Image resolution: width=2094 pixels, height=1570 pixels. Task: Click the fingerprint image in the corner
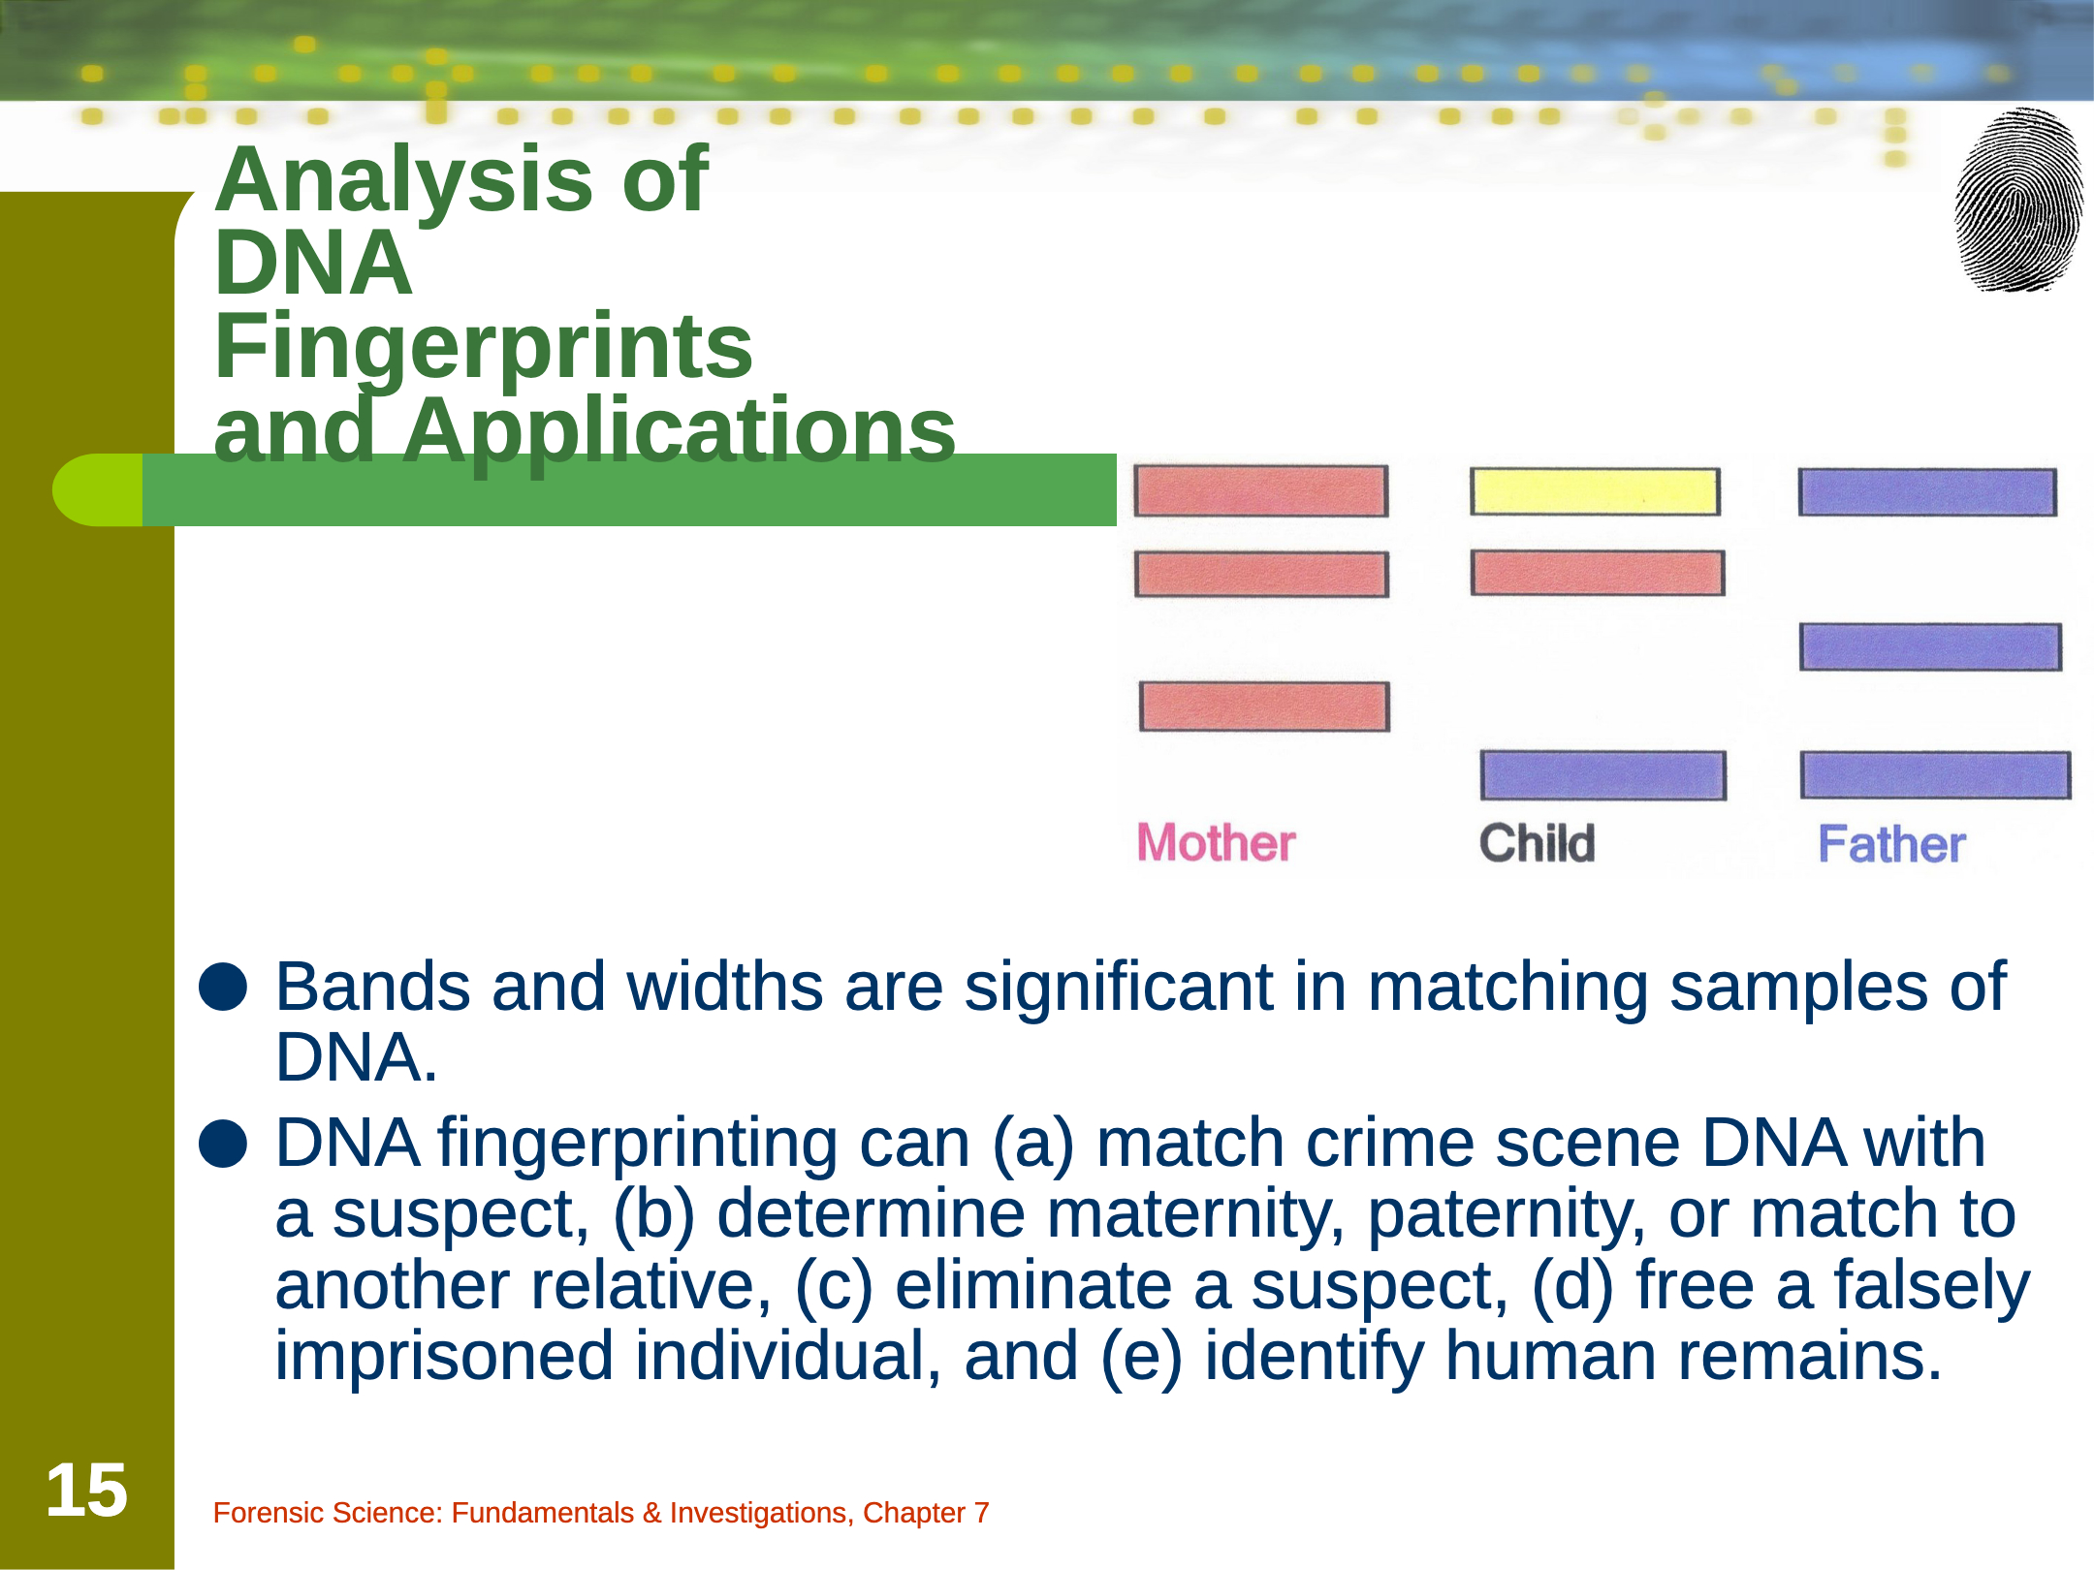click(2019, 200)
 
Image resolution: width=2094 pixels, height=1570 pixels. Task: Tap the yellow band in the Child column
click(1595, 491)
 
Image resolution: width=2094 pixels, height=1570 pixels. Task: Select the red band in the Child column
click(1598, 573)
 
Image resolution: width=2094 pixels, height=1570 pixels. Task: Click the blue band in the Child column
click(1603, 775)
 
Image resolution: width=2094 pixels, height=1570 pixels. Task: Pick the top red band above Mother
click(1261, 491)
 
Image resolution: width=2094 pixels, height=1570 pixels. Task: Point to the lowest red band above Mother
click(1264, 706)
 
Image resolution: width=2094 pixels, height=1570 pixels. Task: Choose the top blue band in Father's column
click(1927, 492)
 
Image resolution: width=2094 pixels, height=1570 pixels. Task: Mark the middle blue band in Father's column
click(1930, 646)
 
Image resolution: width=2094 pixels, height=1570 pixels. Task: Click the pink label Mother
click(1216, 842)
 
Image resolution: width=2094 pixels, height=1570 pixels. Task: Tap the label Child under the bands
click(1537, 843)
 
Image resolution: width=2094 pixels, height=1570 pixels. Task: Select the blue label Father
click(1891, 844)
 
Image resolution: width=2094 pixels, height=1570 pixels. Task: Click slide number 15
click(86, 1491)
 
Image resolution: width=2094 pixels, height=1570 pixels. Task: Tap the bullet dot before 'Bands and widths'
click(223, 987)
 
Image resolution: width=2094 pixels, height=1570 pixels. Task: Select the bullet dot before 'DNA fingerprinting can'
click(223, 1144)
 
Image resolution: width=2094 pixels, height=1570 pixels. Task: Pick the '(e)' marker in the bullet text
click(1142, 1357)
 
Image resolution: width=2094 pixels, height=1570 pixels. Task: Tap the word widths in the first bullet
click(724, 987)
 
